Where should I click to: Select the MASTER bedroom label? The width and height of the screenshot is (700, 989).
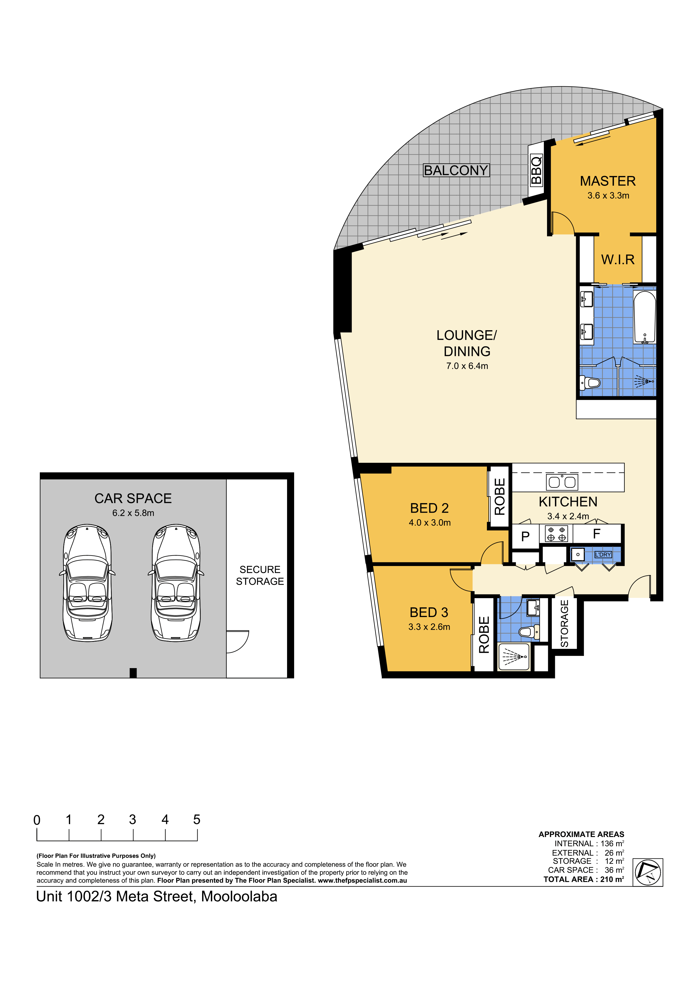(x=608, y=181)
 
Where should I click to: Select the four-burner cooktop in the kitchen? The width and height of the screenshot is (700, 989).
(x=556, y=534)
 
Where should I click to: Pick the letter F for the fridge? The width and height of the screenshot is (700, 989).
(x=596, y=534)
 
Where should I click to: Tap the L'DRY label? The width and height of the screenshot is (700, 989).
(x=603, y=554)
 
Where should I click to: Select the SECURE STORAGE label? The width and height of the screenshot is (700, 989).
(x=260, y=576)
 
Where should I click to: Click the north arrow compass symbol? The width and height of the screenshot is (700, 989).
(x=648, y=872)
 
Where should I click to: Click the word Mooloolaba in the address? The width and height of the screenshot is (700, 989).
(x=239, y=897)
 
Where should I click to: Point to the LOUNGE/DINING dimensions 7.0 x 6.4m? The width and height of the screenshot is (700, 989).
(x=467, y=366)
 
